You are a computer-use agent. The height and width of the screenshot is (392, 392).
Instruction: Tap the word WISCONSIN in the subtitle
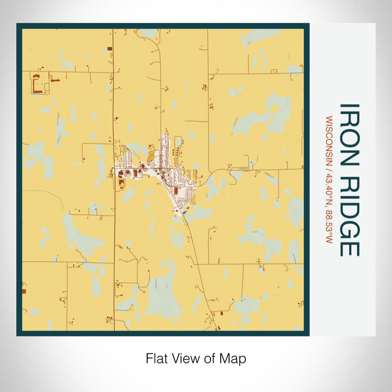(329, 141)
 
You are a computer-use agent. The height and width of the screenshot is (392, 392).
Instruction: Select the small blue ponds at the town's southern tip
(185, 210)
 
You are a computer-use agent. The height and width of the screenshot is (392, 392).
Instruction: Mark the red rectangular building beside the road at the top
(109, 49)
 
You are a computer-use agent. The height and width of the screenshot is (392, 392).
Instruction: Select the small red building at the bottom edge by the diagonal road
(222, 313)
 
